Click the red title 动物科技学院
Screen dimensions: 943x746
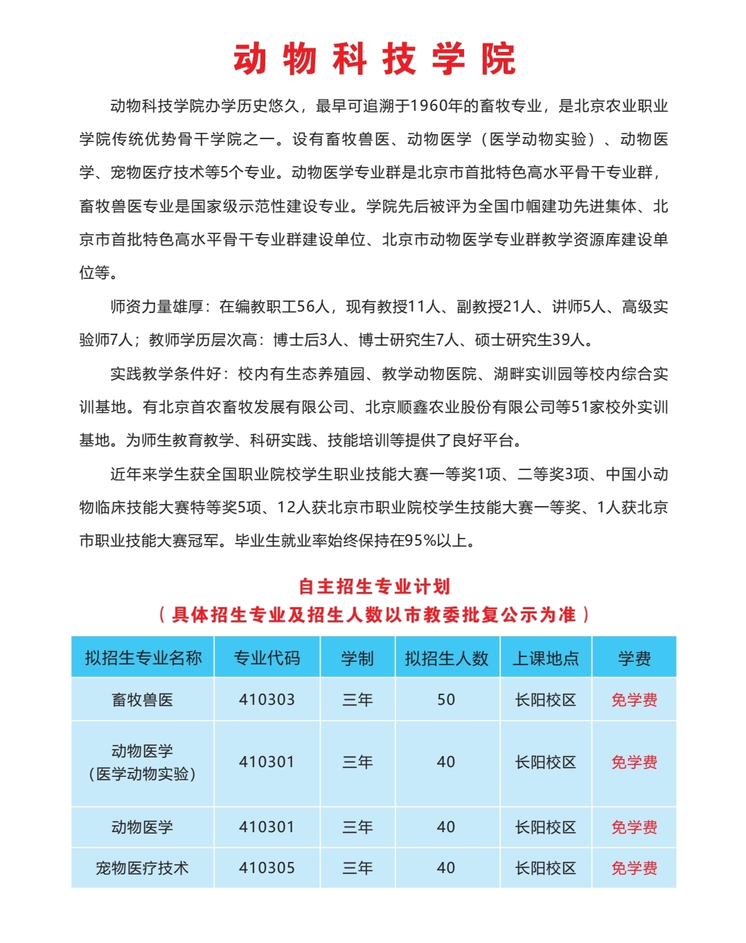[374, 59]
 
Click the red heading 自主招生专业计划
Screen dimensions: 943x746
[374, 586]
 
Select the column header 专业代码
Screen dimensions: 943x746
[267, 658]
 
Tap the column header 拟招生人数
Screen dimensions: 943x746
[447, 658]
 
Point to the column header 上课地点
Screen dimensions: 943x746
[546, 658]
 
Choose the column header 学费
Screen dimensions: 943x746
[634, 658]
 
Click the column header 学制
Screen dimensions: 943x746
[357, 658]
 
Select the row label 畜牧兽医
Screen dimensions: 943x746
[143, 700]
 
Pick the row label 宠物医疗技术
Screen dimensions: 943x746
[142, 868]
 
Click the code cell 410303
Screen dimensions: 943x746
[267, 700]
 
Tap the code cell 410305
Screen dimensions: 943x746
[267, 868]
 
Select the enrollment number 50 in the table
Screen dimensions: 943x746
[446, 700]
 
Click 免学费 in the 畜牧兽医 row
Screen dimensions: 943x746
[634, 700]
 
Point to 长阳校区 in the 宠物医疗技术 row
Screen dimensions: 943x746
[546, 868]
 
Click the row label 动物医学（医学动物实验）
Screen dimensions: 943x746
[142, 762]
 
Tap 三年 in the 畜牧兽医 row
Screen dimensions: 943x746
[357, 700]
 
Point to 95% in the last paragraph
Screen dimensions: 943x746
[420, 541]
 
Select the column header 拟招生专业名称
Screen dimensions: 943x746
[143, 658]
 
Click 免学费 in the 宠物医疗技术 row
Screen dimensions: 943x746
[634, 868]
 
